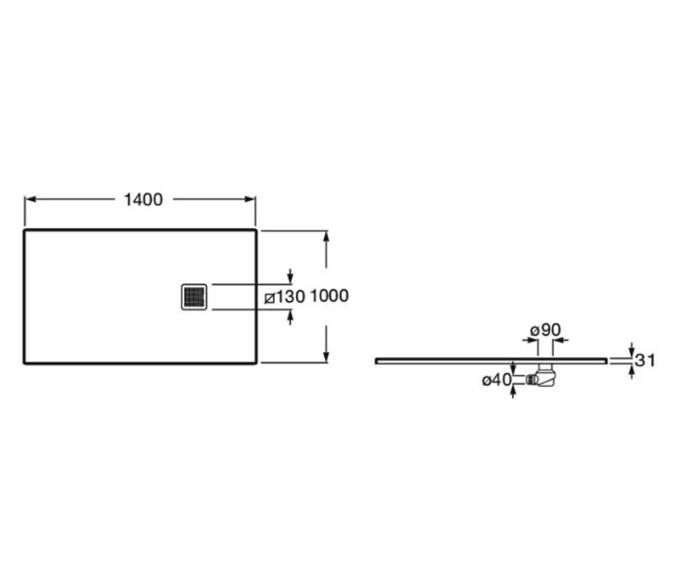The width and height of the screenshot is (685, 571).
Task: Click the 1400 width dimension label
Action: (x=143, y=199)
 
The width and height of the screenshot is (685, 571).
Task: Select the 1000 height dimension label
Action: (x=329, y=296)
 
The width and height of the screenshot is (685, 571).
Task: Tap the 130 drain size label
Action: (x=290, y=297)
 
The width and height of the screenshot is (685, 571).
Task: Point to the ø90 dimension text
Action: (x=545, y=330)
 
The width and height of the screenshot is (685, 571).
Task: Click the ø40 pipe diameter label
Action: (x=497, y=380)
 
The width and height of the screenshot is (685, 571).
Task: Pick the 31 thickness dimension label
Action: (x=645, y=360)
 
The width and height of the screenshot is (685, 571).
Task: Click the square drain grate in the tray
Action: (x=194, y=297)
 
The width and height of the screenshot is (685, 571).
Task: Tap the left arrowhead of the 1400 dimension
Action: (x=30, y=199)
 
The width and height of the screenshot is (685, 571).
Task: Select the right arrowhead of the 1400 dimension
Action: (x=250, y=199)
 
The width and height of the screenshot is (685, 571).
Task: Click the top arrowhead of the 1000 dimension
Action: (x=326, y=236)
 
